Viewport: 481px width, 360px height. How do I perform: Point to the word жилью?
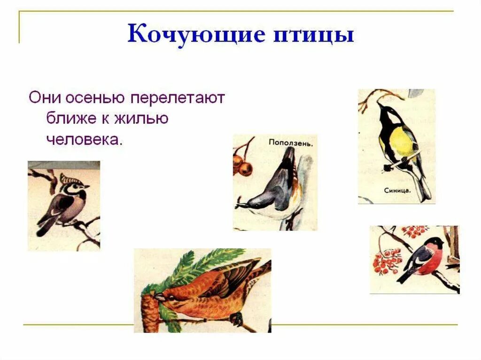click(x=140, y=119)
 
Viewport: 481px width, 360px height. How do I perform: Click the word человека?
click(x=84, y=139)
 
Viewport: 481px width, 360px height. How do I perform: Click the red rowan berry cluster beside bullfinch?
click(x=387, y=261)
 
